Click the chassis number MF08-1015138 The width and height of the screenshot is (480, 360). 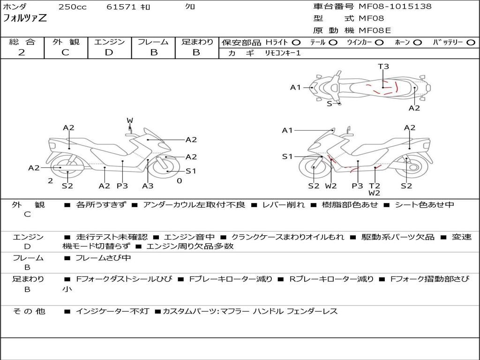point(395,6)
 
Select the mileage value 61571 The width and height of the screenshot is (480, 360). point(121,7)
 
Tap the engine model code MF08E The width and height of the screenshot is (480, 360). point(375,30)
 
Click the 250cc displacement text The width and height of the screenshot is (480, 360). point(73,7)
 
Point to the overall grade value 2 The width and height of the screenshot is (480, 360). point(22,52)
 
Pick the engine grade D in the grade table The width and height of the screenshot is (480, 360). point(109,52)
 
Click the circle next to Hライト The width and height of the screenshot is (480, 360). point(296,43)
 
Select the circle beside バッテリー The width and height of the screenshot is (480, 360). point(471,43)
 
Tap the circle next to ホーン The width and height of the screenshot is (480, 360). point(418,43)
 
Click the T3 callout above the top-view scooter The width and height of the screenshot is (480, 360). point(383,66)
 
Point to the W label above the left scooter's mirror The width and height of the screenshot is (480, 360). point(130,120)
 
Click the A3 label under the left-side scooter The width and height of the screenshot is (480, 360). point(148,186)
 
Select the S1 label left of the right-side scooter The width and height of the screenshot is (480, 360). point(287,157)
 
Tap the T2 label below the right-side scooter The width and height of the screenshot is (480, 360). point(374,186)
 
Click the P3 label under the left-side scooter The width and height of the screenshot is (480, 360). point(122,186)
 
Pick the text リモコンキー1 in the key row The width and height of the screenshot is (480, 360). point(283,53)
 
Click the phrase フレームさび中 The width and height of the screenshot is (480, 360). point(103,258)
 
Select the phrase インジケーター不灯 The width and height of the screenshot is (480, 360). point(112,311)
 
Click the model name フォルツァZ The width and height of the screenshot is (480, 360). point(25,18)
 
